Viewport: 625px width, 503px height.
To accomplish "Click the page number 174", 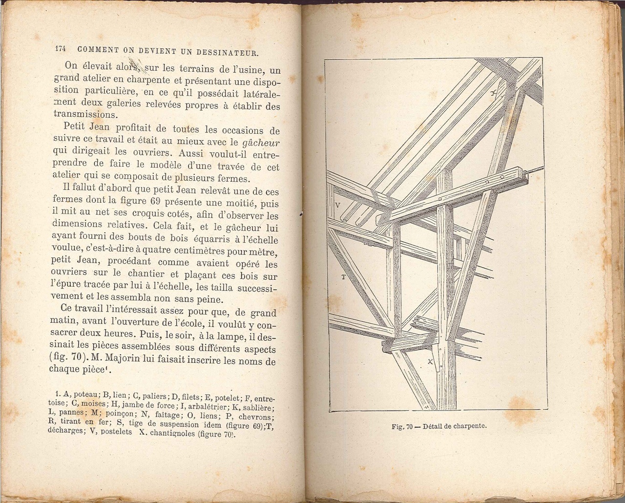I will pyautogui.click(x=61, y=49).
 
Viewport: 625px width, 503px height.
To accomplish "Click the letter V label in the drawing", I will pyautogui.click(x=338, y=205).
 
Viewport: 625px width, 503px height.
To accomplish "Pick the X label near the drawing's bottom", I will pyautogui.click(x=430, y=362).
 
